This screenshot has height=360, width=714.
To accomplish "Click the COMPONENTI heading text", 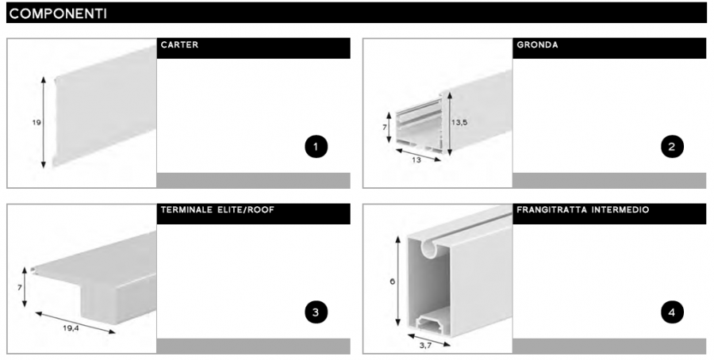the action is (58, 13).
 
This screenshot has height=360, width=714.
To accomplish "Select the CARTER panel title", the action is (179, 45).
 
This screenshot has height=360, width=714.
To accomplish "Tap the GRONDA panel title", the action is (537, 45).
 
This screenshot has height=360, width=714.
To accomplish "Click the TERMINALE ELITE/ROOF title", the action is (217, 210).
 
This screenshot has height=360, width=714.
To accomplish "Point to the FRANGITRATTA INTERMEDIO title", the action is (583, 210).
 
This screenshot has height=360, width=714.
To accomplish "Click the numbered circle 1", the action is (316, 147).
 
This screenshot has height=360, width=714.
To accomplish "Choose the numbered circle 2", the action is (672, 147).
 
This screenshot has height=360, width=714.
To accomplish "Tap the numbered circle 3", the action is (316, 312).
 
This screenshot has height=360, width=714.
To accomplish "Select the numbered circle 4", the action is (672, 312).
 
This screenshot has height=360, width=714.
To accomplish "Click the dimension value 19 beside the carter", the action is (36, 122).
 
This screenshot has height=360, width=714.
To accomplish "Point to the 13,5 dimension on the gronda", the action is (459, 122).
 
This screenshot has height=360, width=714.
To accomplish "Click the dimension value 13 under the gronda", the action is (416, 159).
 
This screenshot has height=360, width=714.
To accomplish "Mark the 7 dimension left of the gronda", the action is (385, 128).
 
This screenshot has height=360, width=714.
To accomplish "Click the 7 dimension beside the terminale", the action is (20, 288).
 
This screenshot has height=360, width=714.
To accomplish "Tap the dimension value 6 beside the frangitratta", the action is (393, 281).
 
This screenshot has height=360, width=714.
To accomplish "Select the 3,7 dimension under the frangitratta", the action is (425, 346).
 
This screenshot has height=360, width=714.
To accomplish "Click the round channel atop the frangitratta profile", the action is (429, 248).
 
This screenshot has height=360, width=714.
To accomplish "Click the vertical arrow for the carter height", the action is (44, 122).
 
